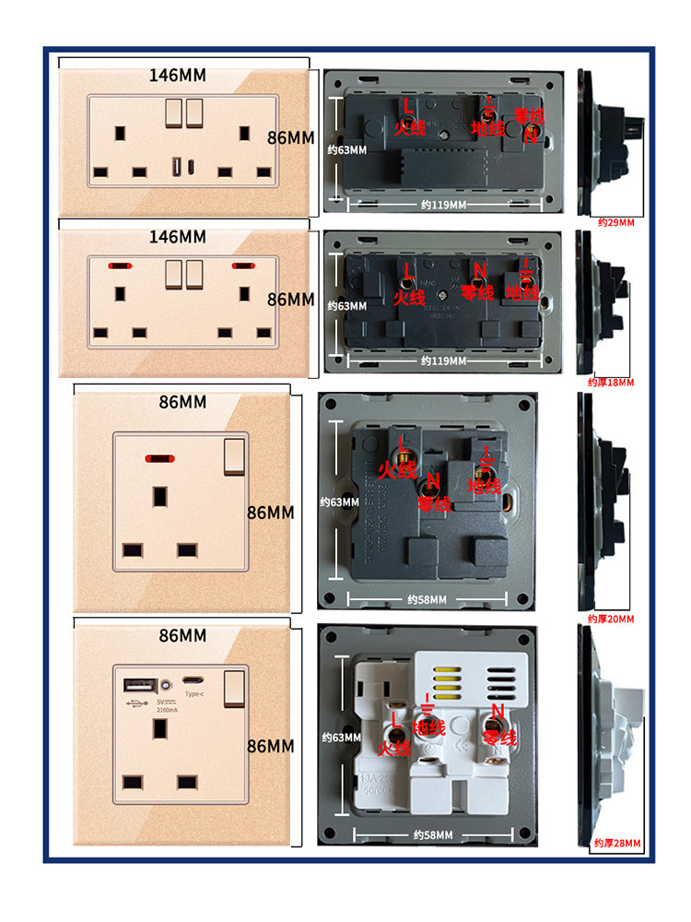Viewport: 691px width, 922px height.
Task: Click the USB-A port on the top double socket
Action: coord(175,169)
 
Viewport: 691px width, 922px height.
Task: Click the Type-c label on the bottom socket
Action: coord(194,694)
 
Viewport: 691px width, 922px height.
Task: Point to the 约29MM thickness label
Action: coord(615,221)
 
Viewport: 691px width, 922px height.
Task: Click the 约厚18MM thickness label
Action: coord(612,381)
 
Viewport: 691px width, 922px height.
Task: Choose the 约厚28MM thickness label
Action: coord(616,843)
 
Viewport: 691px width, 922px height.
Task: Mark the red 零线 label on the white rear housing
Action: coord(500,739)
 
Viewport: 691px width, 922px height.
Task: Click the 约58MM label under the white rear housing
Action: coord(431,834)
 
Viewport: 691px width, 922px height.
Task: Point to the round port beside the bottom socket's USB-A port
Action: coord(165,686)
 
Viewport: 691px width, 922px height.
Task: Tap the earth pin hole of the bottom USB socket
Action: coord(160,727)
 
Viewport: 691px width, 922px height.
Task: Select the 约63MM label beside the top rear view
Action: coord(348,149)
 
